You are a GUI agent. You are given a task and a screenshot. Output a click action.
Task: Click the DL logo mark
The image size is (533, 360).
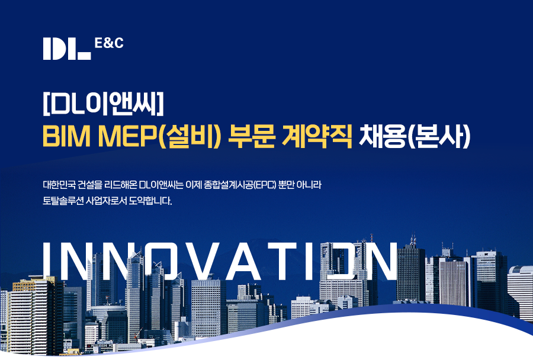67,49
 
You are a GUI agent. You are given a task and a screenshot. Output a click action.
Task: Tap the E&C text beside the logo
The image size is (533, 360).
109,43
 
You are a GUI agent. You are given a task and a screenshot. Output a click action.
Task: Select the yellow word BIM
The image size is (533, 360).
66,136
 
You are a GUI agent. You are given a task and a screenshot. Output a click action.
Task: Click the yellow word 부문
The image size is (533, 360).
251,136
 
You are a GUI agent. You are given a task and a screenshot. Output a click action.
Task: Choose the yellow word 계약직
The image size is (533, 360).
317,136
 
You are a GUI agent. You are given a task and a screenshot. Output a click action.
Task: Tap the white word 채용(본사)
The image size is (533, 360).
415,136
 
